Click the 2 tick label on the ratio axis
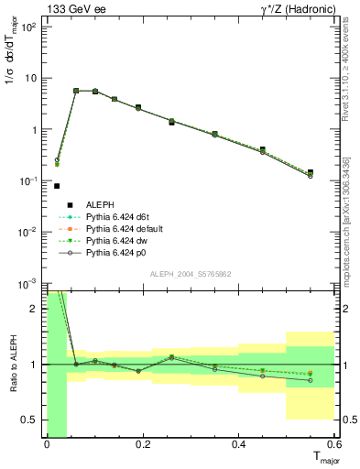pyautogui.click(x=36, y=309)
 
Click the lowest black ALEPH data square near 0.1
pyautogui.click(x=57, y=186)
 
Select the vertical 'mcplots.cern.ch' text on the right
pyautogui.click(x=348, y=247)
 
